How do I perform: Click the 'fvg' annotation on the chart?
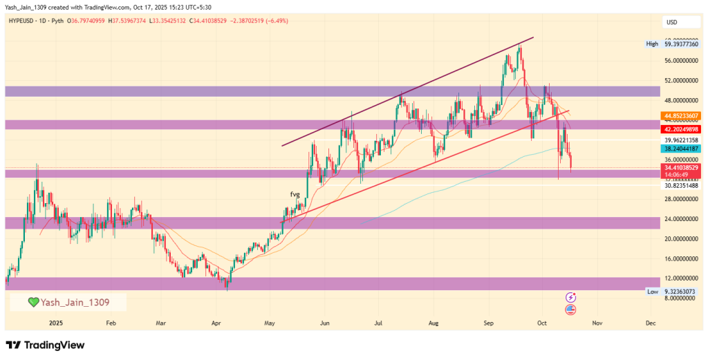295,195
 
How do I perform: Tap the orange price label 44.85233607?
681,115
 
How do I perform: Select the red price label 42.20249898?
681,129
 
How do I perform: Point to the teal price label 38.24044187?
681,149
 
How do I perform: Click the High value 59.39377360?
681,44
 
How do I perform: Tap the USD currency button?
671,23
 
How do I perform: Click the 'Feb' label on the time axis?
111,323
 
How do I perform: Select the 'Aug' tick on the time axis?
434,323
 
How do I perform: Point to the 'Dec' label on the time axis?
650,323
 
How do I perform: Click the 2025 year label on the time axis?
56,323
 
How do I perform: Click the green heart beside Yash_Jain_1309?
33,302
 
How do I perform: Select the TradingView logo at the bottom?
45,345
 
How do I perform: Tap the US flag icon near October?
570,309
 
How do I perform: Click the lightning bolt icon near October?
571,298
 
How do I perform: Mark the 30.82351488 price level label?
681,185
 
